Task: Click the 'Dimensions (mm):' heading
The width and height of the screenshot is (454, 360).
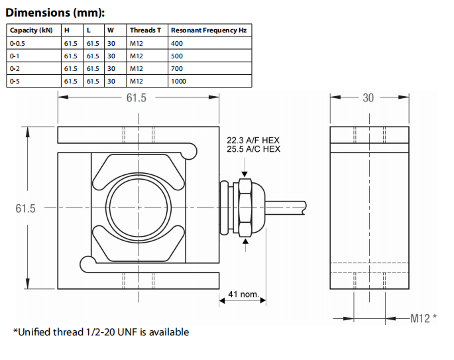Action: click(x=55, y=13)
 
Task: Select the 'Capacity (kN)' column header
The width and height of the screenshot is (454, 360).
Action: click(x=31, y=30)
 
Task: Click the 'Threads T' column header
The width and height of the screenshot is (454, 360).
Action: click(x=144, y=30)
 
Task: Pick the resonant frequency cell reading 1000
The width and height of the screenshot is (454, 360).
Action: click(x=179, y=81)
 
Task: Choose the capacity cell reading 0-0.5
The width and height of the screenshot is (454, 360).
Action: click(x=19, y=43)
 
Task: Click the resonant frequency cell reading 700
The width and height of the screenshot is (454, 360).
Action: click(x=176, y=68)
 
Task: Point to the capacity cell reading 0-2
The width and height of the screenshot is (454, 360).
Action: click(x=15, y=68)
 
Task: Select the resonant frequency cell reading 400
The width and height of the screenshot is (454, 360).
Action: click(x=176, y=43)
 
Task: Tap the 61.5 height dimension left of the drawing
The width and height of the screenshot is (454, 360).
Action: click(x=25, y=208)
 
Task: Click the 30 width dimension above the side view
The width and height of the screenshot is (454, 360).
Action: click(x=368, y=97)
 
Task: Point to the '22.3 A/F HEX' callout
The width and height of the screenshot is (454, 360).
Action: click(x=254, y=141)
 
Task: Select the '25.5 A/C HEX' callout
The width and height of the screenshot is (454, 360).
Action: click(x=254, y=149)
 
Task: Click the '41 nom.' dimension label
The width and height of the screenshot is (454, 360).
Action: click(x=243, y=294)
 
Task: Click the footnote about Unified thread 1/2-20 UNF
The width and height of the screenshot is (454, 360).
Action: click(x=101, y=331)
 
